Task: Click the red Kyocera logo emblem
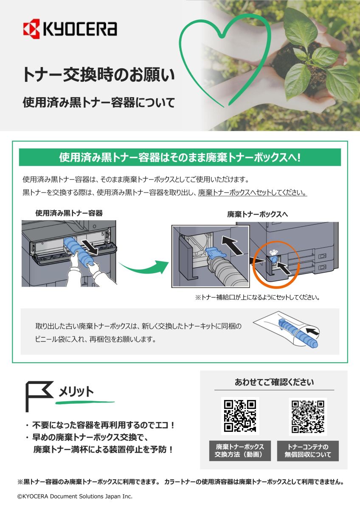point(31,29)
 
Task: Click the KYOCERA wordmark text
point(79,29)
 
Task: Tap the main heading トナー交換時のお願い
point(98,75)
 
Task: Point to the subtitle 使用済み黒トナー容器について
point(98,103)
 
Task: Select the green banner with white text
point(180,157)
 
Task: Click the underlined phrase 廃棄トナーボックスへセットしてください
point(253,193)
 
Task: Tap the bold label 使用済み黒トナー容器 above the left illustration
point(69,213)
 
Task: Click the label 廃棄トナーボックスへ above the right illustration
point(257,214)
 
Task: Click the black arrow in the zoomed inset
point(232,244)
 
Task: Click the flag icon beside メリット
point(39,397)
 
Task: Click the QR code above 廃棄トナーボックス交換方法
point(240,416)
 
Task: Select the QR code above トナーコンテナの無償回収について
point(308,417)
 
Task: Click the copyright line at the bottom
point(75,496)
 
